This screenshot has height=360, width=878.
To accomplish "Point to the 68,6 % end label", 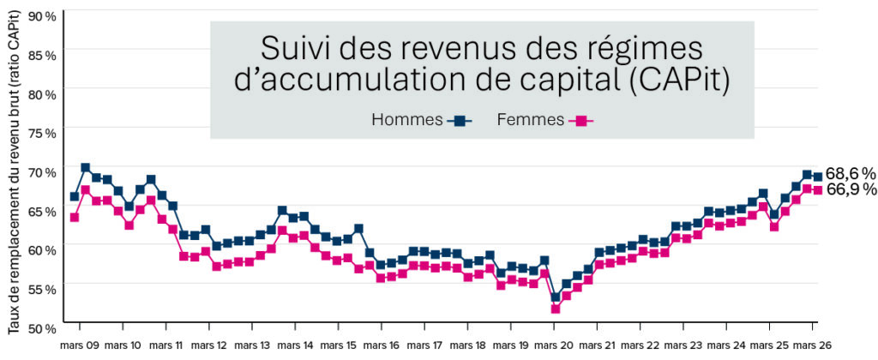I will [851, 174].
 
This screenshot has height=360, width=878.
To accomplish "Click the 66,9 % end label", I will [851, 189].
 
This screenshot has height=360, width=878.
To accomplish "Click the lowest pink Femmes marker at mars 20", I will [556, 309].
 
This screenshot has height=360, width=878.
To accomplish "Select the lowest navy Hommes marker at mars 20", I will [556, 297].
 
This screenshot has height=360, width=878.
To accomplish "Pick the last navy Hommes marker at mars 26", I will [818, 177].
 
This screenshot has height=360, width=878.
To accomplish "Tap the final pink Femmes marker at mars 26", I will [818, 190].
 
